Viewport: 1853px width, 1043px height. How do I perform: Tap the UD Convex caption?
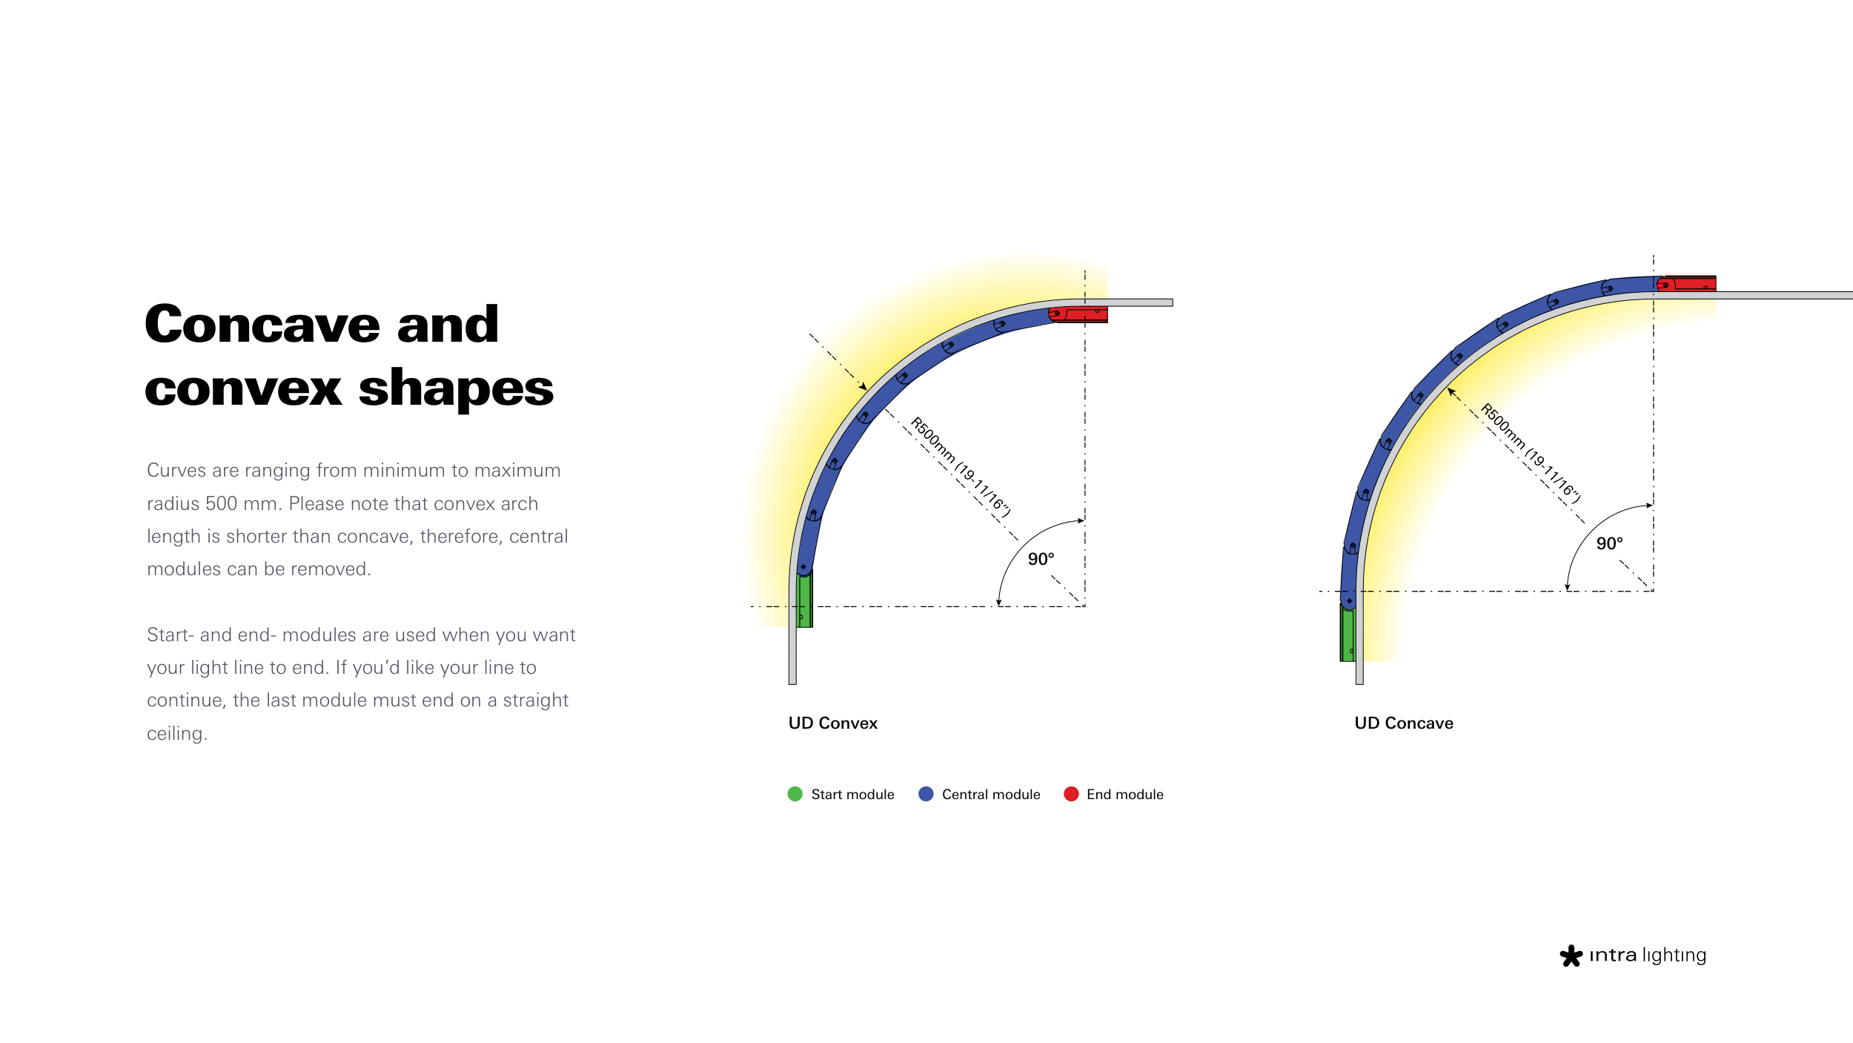[832, 723]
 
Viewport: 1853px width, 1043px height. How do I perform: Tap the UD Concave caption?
[1404, 723]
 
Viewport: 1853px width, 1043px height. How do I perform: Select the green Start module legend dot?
[795, 794]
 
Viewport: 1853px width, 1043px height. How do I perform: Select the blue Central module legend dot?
[926, 794]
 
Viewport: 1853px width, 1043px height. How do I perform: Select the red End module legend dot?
[1071, 794]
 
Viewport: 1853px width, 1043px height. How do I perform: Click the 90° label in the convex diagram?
[1041, 559]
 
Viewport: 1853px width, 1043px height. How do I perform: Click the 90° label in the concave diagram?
[1609, 543]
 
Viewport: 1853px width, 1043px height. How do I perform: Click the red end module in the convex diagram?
[1079, 314]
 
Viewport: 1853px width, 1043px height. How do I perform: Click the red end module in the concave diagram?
[1687, 283]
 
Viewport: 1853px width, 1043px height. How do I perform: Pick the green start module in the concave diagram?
[1348, 632]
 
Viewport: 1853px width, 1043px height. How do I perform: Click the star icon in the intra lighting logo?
[1571, 956]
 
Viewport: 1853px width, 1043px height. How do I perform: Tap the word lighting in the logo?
[1674, 956]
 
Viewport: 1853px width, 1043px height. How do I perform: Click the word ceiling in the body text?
[177, 734]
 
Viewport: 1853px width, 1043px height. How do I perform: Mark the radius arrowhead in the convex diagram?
[863, 386]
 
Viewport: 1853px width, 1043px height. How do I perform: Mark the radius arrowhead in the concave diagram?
[1452, 392]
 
